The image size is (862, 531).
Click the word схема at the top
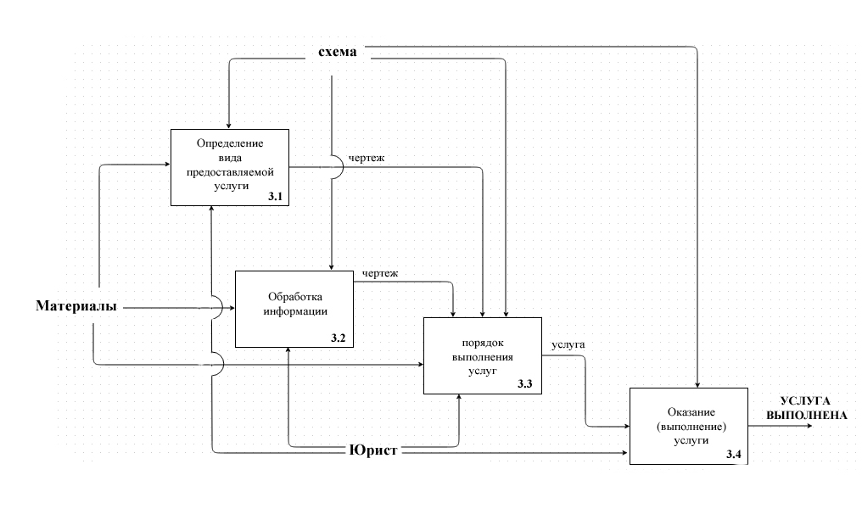338,53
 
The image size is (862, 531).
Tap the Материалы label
76,305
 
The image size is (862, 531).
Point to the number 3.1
274,197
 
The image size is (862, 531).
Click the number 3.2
339,338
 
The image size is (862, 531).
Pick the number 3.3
525,384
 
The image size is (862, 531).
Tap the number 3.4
734,456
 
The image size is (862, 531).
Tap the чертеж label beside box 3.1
366,158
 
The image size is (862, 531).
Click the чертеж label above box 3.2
380,273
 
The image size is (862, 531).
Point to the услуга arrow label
568,344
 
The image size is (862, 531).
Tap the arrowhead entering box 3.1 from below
210,210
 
